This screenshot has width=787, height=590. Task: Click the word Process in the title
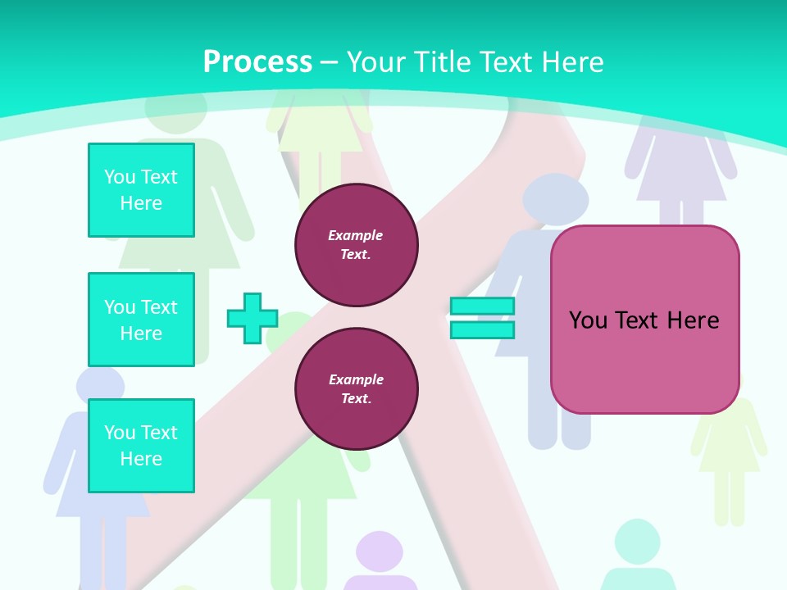pyautogui.click(x=257, y=62)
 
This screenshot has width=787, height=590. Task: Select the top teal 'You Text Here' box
pyautogui.click(x=141, y=190)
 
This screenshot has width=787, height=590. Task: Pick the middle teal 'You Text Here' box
pyautogui.click(x=141, y=320)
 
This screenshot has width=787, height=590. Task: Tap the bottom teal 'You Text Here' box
pyautogui.click(x=141, y=446)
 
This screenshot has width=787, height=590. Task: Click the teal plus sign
pyautogui.click(x=252, y=319)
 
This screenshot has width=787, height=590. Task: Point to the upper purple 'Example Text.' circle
pyautogui.click(x=356, y=245)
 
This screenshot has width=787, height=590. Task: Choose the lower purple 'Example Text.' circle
pyautogui.click(x=356, y=389)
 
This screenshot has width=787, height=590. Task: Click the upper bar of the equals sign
pyautogui.click(x=482, y=306)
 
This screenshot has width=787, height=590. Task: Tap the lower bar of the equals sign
pyautogui.click(x=482, y=330)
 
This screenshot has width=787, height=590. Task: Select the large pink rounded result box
pyautogui.click(x=644, y=361)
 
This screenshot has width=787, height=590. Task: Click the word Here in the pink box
pyautogui.click(x=693, y=320)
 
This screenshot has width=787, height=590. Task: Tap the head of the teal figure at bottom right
pyautogui.click(x=636, y=539)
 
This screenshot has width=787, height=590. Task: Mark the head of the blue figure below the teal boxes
pyautogui.click(x=99, y=385)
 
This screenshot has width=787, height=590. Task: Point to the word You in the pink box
pyautogui.click(x=589, y=320)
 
